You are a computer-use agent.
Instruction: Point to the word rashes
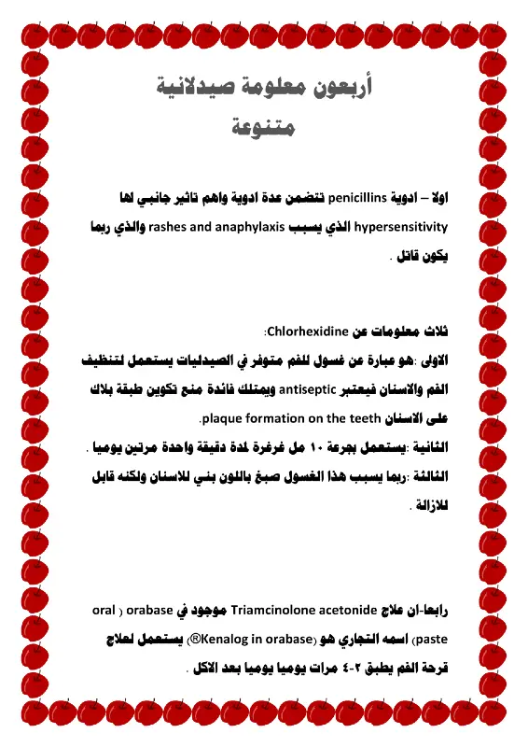pyautogui.click(x=194, y=227)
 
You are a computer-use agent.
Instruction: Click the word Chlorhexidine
pyautogui.click(x=307, y=331)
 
